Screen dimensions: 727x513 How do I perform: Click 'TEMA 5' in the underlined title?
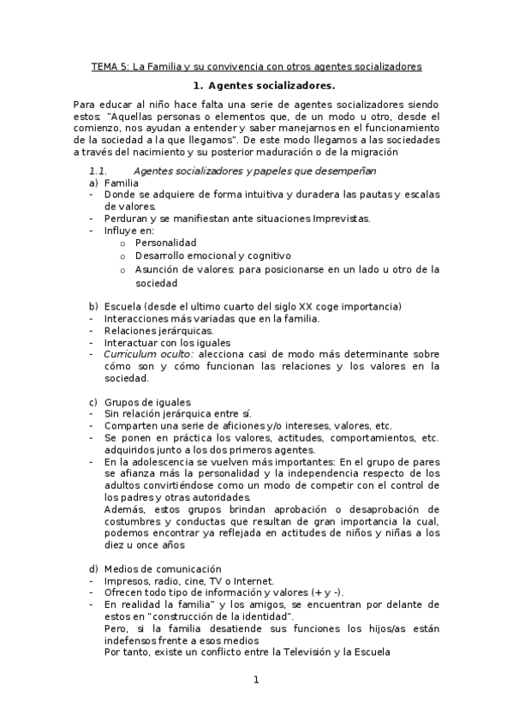point(109,66)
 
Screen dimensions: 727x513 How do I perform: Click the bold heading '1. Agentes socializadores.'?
point(263,87)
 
